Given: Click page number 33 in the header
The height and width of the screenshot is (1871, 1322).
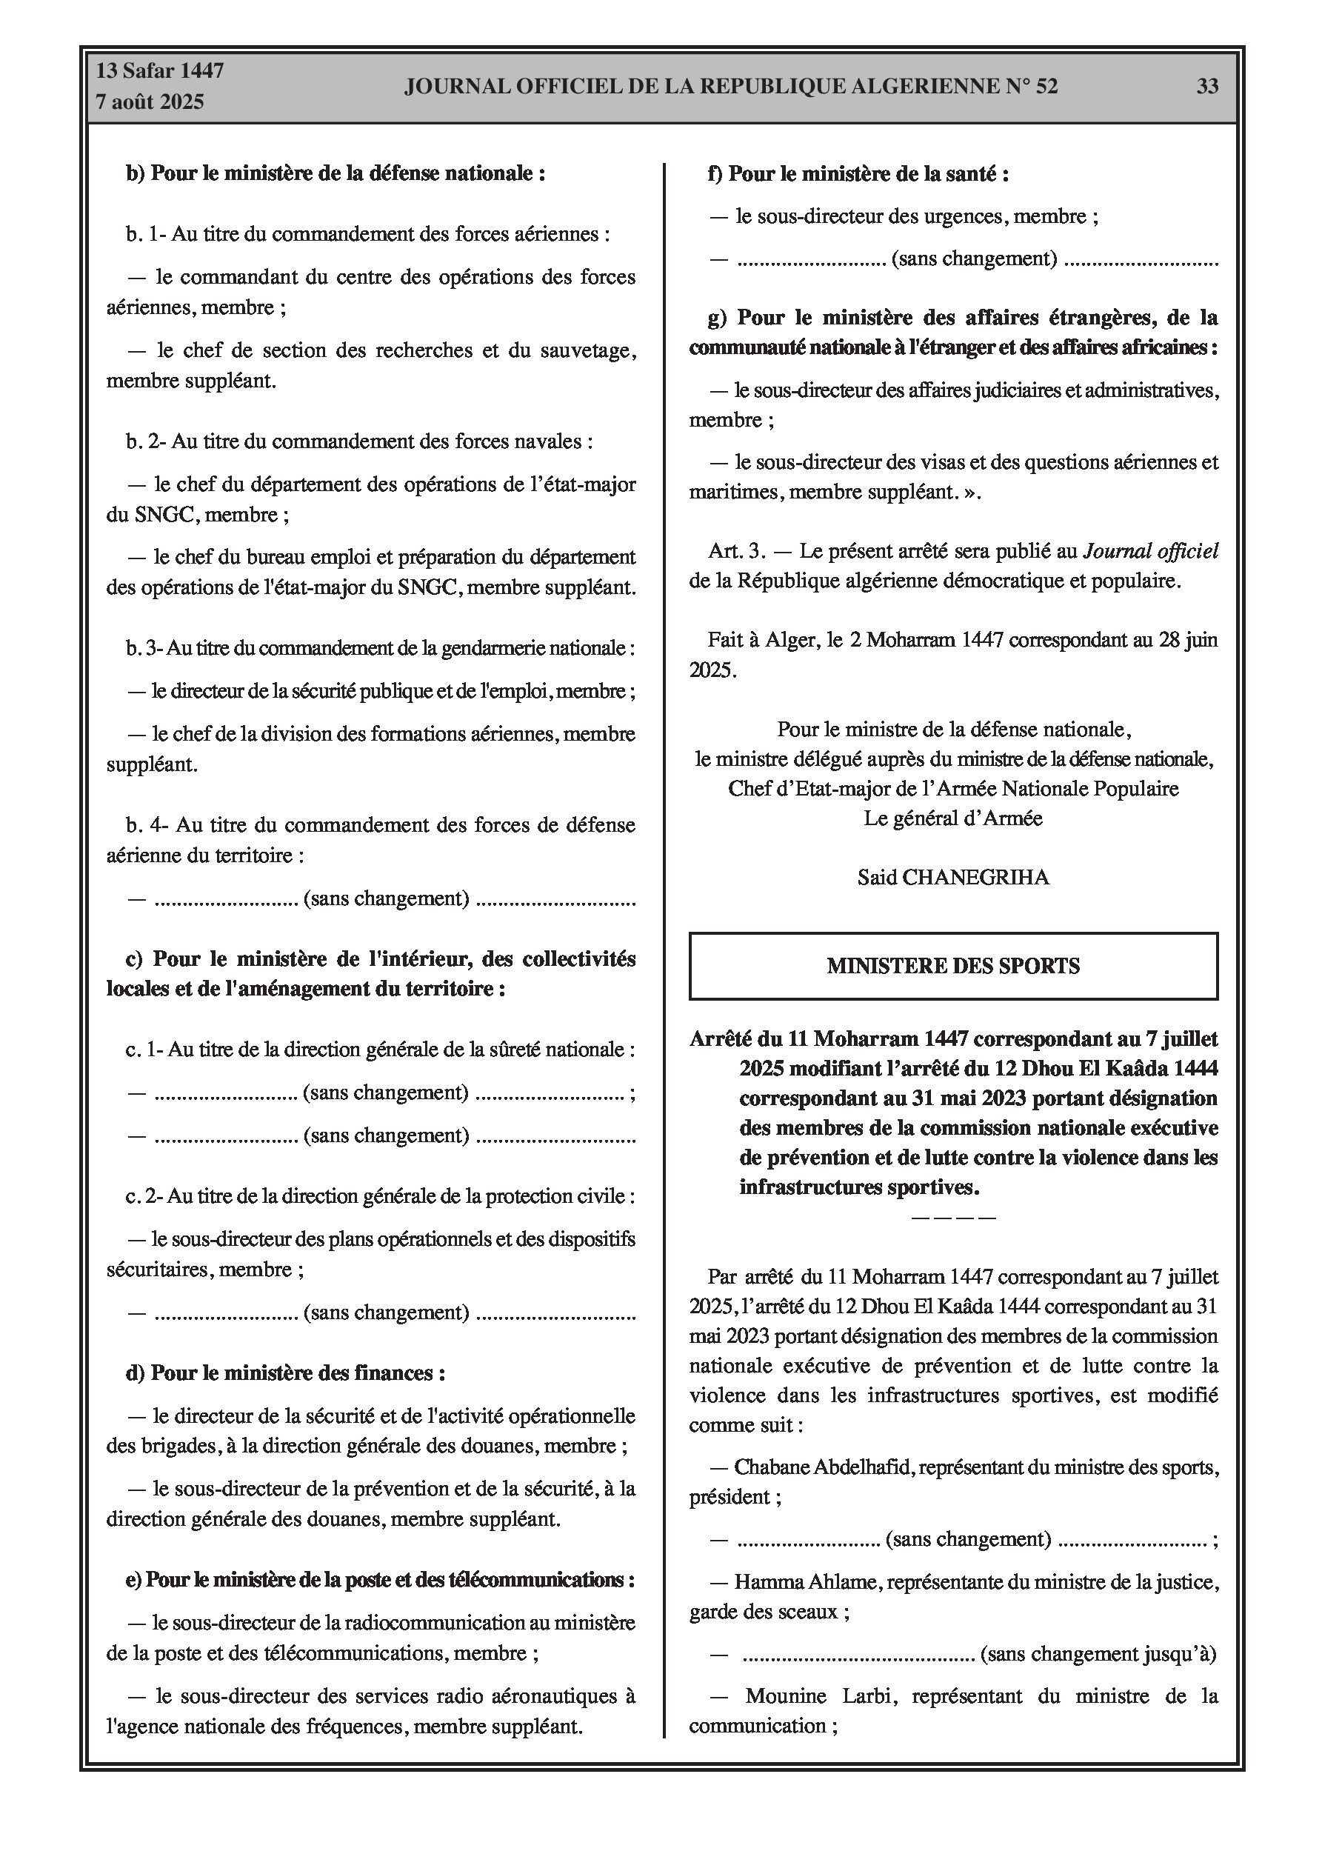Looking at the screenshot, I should (x=1207, y=87).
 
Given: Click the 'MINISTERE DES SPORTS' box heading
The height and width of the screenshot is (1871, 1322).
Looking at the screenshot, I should (x=952, y=966).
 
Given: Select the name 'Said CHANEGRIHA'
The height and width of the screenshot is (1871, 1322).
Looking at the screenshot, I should (x=952, y=878).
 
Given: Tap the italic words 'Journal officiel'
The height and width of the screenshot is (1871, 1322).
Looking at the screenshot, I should (x=1150, y=551).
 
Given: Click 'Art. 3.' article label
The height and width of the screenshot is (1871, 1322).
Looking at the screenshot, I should (x=737, y=551).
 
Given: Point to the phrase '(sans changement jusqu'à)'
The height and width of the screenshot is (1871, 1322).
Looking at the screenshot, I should (x=1098, y=1653).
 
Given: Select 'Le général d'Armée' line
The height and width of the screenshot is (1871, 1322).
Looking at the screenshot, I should (x=952, y=818).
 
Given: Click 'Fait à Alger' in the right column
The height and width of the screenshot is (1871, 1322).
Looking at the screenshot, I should (x=761, y=640).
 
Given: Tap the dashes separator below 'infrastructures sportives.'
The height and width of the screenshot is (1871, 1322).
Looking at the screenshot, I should (x=952, y=1218).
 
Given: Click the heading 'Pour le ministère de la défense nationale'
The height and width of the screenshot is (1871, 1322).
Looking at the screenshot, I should (x=335, y=173).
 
